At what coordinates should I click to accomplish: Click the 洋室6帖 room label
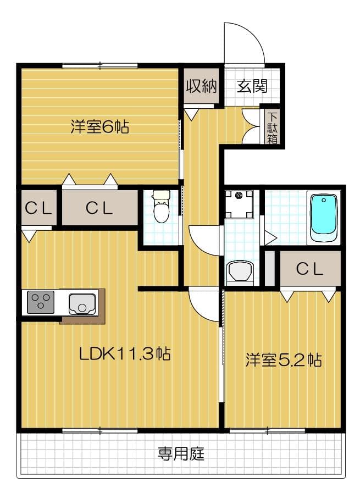point(99,127)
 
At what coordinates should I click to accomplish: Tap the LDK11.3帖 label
point(125,353)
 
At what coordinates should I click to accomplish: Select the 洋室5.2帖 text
point(283,361)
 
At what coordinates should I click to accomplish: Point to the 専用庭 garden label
point(181,454)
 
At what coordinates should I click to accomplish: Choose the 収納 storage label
point(201,86)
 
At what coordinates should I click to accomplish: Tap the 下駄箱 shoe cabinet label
point(272,127)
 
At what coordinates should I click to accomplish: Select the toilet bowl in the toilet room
point(161,209)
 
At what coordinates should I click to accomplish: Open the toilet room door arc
point(203,242)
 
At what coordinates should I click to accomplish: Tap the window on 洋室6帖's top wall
point(99,66)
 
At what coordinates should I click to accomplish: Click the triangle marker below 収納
point(191,114)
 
